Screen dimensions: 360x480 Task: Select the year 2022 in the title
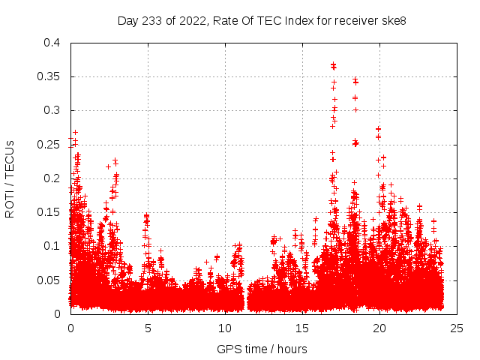pyautogui.click(x=192, y=20)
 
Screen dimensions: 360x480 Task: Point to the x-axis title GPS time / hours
pyautogui.click(x=262, y=349)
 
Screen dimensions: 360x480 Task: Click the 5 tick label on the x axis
pyautogui.click(x=148, y=328)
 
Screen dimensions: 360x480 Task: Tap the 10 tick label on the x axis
pyautogui.click(x=225, y=328)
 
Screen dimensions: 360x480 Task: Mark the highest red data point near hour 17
pyautogui.click(x=333, y=64)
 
